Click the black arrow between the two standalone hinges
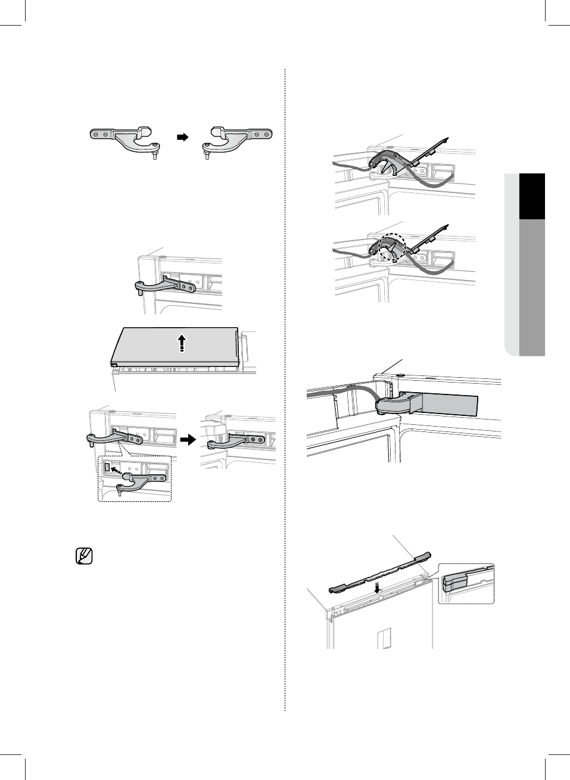click(x=182, y=137)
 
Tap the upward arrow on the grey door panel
click(x=182, y=344)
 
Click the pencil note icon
click(x=85, y=556)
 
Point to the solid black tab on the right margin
click(x=532, y=197)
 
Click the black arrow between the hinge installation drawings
click(x=188, y=440)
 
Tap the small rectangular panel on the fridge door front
click(x=384, y=639)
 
